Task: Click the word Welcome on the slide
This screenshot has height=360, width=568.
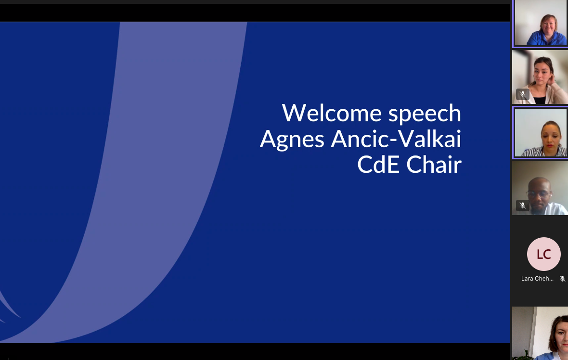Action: click(332, 113)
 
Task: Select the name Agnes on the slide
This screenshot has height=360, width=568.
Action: click(292, 140)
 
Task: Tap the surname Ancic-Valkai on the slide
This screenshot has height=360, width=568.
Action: click(396, 139)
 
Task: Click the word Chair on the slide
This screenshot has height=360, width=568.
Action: click(434, 164)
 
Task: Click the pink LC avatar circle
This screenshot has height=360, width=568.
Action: click(544, 254)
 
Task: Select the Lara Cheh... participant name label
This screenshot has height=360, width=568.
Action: click(537, 279)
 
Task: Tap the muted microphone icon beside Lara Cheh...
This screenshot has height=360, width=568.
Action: click(562, 279)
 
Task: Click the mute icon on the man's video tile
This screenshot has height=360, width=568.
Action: click(523, 206)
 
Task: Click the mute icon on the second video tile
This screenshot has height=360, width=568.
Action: click(523, 94)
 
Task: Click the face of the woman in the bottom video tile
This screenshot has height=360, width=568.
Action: click(561, 335)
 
